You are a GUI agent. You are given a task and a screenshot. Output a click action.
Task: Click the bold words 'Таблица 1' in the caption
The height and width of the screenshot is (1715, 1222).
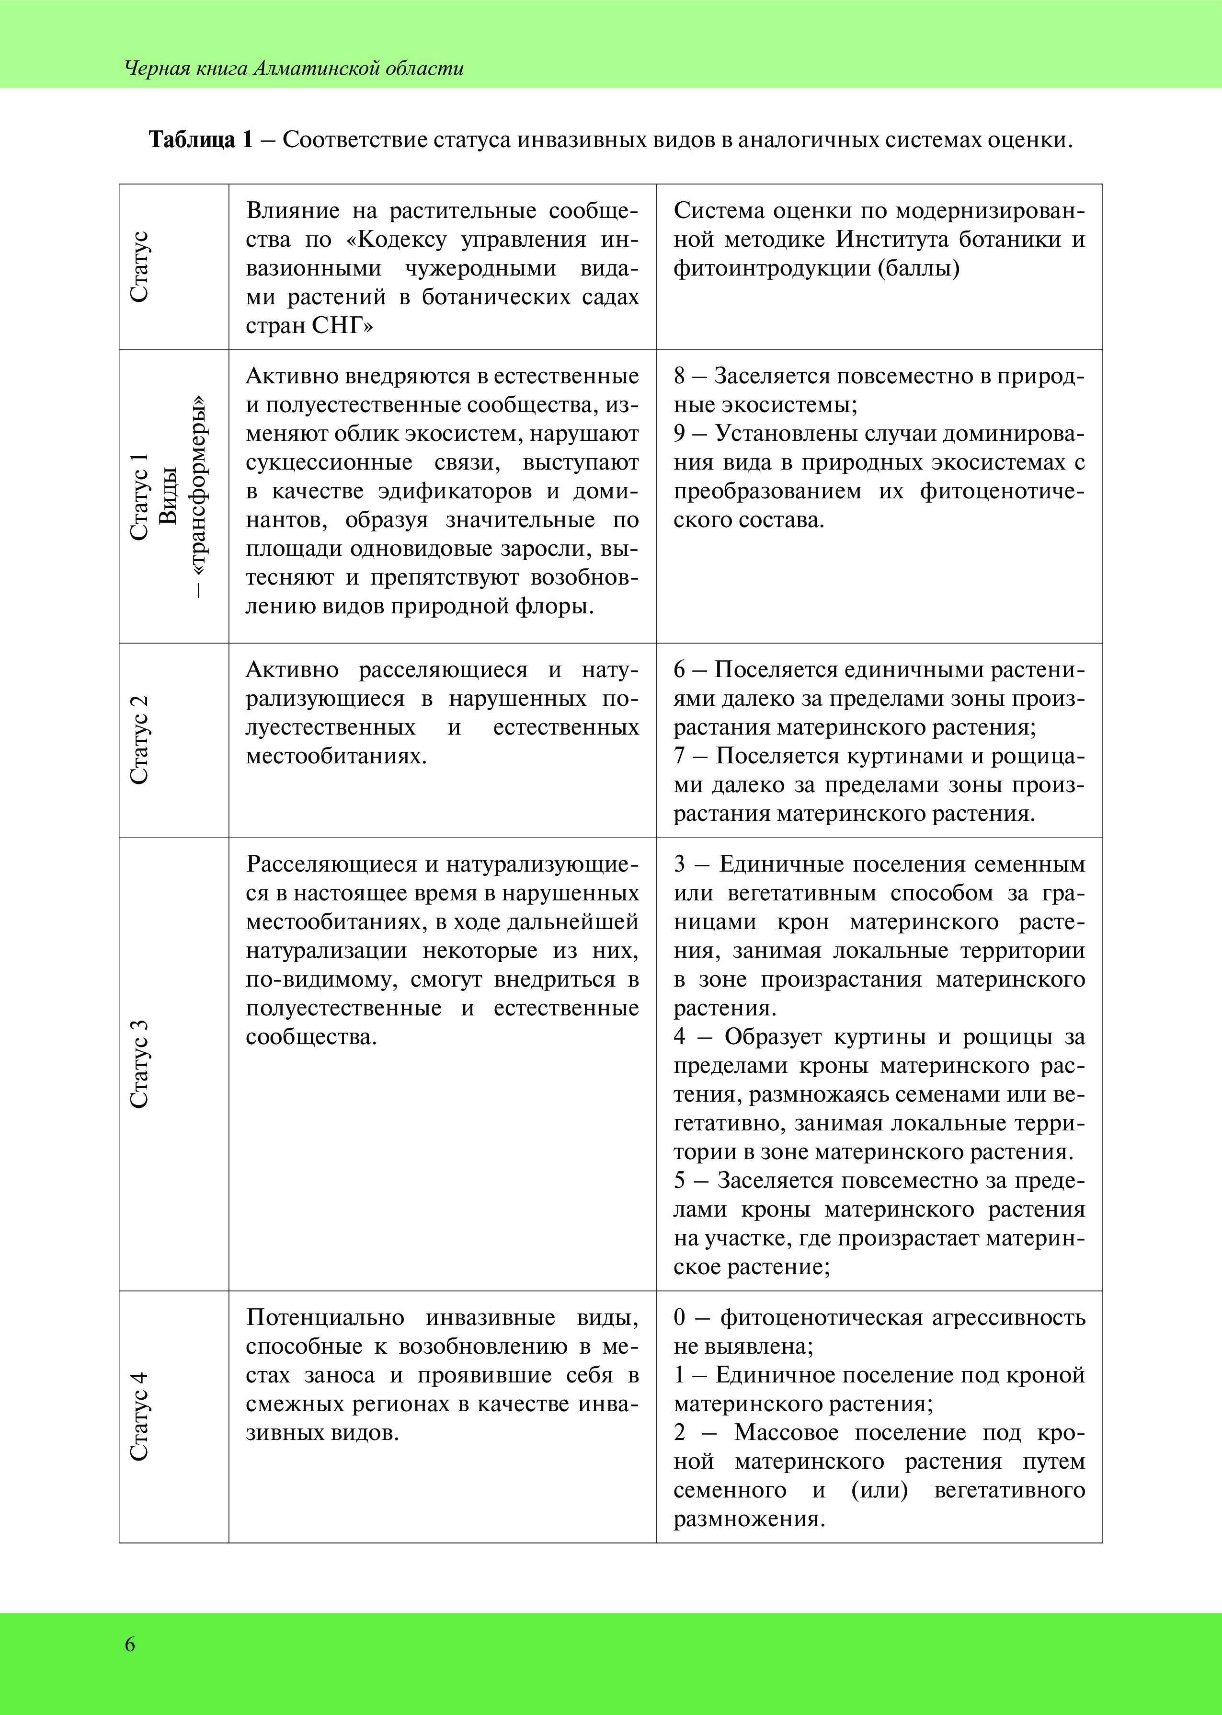tap(201, 140)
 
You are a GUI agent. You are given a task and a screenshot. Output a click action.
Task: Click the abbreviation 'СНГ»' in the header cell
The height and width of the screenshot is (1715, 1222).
tap(343, 326)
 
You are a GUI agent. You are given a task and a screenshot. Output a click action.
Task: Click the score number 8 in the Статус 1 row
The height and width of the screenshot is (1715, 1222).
tap(680, 376)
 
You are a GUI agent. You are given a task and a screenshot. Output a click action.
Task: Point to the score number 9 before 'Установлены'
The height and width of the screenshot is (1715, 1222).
tap(680, 434)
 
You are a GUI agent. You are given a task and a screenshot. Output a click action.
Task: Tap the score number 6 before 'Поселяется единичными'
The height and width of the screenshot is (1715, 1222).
tap(680, 670)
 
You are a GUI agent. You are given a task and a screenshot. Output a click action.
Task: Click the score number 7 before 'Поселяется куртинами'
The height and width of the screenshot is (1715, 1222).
tap(680, 756)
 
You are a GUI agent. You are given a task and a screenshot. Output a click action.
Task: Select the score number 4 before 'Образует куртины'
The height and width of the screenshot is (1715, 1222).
tap(680, 1037)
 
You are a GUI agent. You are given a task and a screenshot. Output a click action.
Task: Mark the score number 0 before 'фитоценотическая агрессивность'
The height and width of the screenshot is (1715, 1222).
tap(680, 1318)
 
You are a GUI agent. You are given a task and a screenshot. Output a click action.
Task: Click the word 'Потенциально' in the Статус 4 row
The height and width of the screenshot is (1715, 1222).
tap(325, 1318)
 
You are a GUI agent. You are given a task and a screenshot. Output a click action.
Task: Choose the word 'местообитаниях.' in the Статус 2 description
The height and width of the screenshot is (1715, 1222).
tap(336, 756)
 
